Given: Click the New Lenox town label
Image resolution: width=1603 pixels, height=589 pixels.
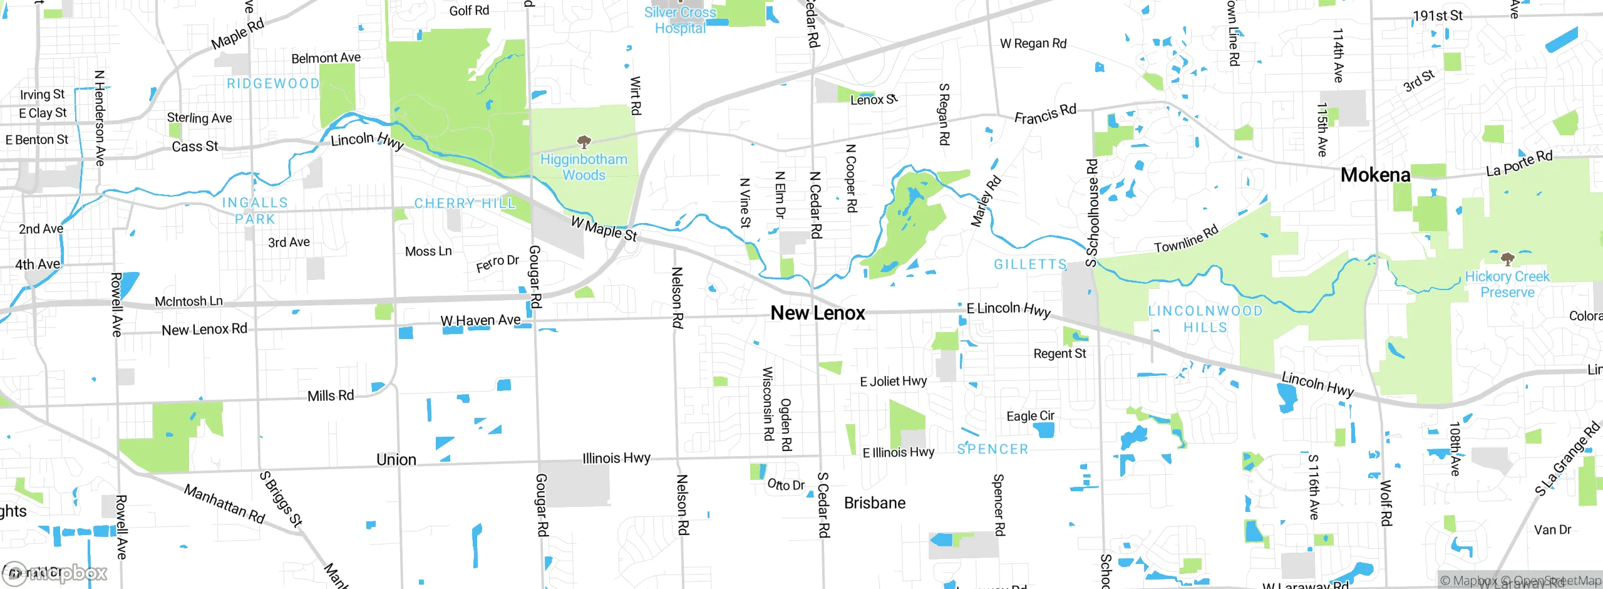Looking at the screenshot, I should click(x=818, y=313).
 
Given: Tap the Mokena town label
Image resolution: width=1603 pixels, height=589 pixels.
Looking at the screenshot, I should click(x=1375, y=175).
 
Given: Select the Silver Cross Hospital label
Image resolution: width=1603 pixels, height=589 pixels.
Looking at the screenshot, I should click(x=680, y=20).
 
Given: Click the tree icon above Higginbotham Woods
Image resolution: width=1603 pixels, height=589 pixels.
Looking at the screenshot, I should click(x=584, y=142).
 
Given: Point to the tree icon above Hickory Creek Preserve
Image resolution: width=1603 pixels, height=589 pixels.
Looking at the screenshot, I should click(x=1507, y=259).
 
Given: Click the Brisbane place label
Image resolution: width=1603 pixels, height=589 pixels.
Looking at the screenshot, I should click(x=875, y=503).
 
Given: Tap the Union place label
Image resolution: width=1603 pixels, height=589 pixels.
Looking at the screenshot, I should click(x=396, y=460).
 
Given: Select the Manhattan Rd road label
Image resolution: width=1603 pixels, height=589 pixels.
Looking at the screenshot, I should click(x=224, y=504).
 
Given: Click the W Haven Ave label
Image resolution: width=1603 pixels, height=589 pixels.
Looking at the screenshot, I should click(x=480, y=320).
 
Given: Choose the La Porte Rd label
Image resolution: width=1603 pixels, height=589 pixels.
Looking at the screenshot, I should click(x=1519, y=163).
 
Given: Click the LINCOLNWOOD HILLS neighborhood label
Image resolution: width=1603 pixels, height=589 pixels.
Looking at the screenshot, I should click(x=1205, y=319).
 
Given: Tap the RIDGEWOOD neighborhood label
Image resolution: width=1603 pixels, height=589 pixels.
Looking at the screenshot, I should click(x=273, y=84).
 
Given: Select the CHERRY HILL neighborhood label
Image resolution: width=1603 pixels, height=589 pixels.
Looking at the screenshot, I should click(x=465, y=204).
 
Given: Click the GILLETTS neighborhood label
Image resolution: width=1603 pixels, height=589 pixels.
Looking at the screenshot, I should click(x=1030, y=264).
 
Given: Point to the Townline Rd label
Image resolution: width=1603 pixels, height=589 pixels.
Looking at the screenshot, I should click(x=1186, y=239).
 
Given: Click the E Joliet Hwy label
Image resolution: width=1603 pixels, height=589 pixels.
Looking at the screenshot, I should click(x=894, y=381).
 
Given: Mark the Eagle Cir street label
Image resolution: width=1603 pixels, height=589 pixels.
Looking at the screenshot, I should click(x=1030, y=416).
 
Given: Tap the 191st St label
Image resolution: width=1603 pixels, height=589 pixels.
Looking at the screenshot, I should click(x=1438, y=16).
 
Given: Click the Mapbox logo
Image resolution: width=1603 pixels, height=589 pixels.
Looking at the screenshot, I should click(x=55, y=573).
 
